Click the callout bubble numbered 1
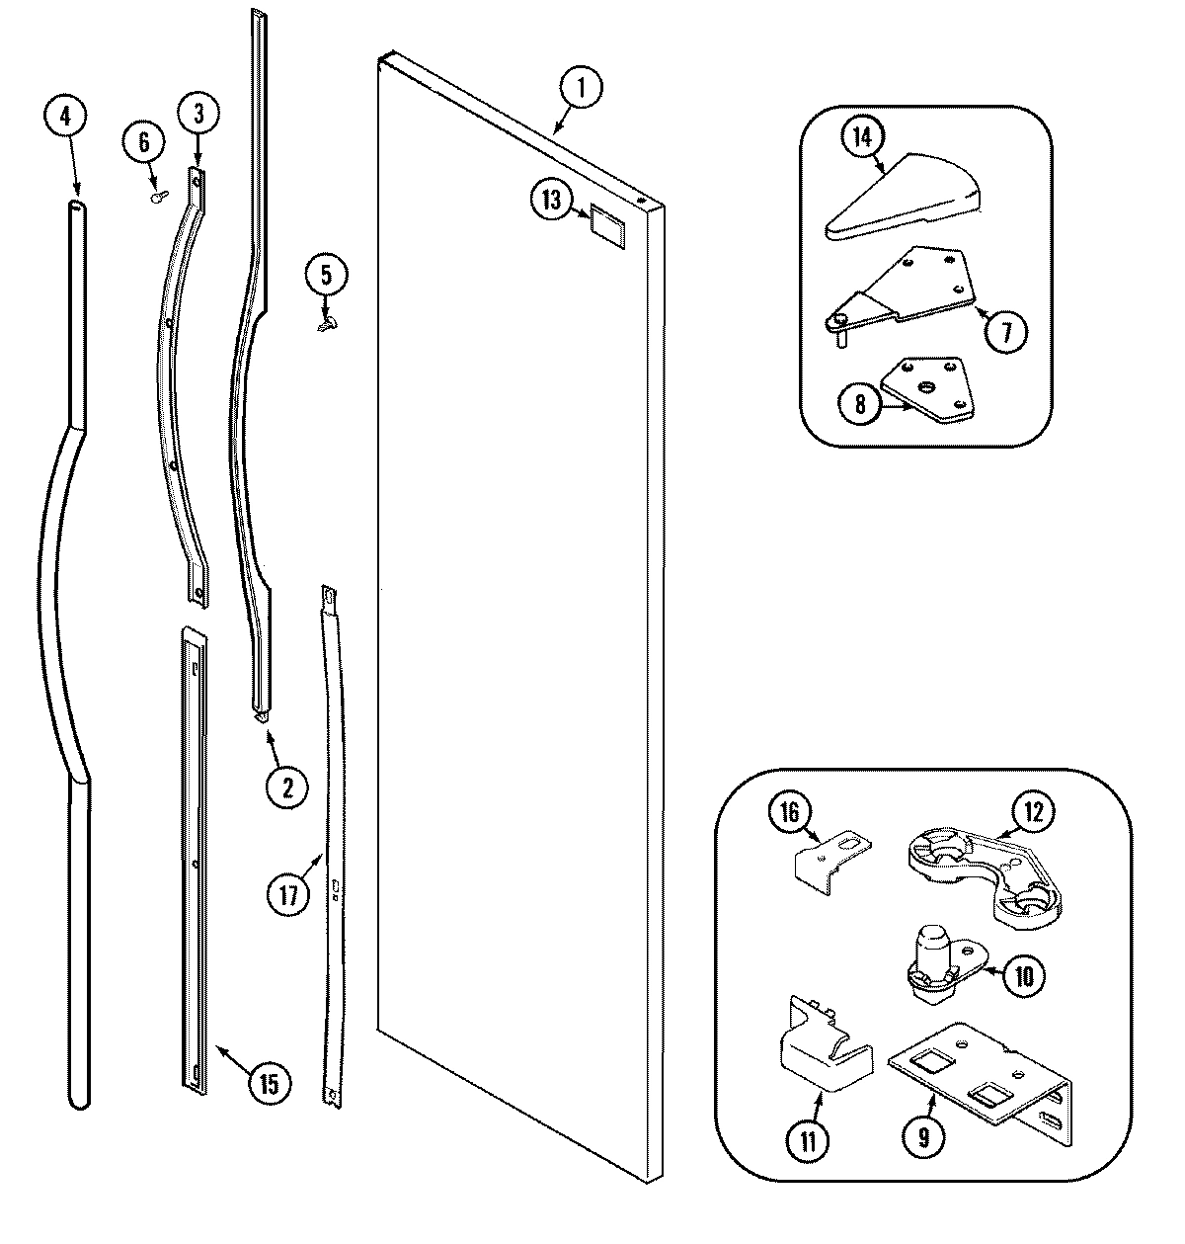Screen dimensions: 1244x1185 tap(581, 88)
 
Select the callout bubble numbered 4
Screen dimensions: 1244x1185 tap(64, 116)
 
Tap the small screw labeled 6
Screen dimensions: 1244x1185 tap(156, 197)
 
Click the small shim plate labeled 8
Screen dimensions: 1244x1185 tap(928, 391)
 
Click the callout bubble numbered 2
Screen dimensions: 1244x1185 tap(285, 787)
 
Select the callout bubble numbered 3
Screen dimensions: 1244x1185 tap(197, 114)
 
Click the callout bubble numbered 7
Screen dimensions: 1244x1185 tap(1006, 331)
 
